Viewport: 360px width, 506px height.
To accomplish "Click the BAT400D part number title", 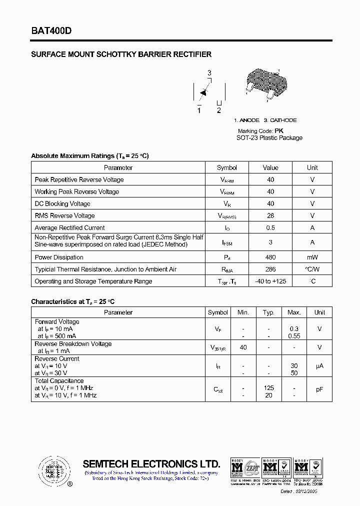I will pos(51,30).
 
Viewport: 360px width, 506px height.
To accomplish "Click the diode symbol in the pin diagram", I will pos(203,92).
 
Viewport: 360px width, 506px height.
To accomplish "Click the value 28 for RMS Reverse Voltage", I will pos(270,215).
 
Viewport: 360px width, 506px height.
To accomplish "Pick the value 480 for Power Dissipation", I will pos(270,257).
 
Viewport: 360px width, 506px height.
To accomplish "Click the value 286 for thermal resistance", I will pos(270,269).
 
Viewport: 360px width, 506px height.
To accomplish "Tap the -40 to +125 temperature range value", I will pos(270,281).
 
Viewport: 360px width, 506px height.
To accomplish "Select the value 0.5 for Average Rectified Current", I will pos(270,227).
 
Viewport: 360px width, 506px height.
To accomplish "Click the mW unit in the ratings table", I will pos(312,257).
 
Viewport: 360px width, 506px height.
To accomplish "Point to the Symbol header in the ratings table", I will pos(227,167).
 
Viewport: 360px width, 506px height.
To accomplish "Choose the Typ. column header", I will pos(269,312).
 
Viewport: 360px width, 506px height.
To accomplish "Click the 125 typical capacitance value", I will pos(269,388).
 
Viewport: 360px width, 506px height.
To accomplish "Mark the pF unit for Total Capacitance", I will pos(319,388).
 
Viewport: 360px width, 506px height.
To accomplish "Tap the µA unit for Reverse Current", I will pos(319,366).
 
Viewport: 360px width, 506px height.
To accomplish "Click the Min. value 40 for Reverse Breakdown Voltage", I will pos(243,347).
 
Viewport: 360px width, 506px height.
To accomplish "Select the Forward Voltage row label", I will pos(57,321).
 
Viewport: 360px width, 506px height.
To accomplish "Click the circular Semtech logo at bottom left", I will pos(52,470).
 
